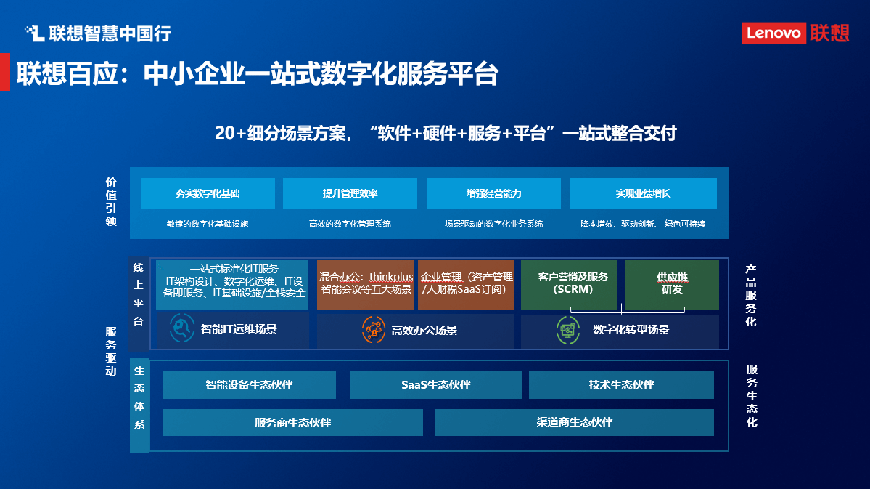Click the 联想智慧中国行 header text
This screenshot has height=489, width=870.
click(x=98, y=33)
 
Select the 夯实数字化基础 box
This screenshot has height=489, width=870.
click(x=208, y=194)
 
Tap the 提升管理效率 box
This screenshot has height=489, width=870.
click(x=350, y=194)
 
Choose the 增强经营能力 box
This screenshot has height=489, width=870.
click(x=493, y=194)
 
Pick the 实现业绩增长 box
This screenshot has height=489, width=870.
click(x=643, y=194)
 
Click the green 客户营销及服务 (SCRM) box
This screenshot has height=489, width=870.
click(x=570, y=284)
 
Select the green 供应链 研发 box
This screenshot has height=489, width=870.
click(x=672, y=284)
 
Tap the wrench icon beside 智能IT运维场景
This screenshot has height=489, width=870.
click(x=182, y=328)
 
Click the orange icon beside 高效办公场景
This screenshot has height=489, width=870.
click(x=374, y=330)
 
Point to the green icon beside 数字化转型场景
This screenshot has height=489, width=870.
click(x=567, y=330)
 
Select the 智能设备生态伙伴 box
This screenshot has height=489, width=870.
click(x=249, y=385)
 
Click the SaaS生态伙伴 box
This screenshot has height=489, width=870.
click(x=435, y=385)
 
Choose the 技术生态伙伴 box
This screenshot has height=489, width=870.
click(x=621, y=385)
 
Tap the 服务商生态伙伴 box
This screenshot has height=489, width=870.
click(x=292, y=422)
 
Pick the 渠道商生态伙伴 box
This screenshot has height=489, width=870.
click(x=574, y=422)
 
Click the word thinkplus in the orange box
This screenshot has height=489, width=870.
click(x=391, y=278)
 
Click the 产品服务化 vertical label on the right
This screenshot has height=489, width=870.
click(x=751, y=295)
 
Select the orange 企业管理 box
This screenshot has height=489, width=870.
click(x=466, y=284)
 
